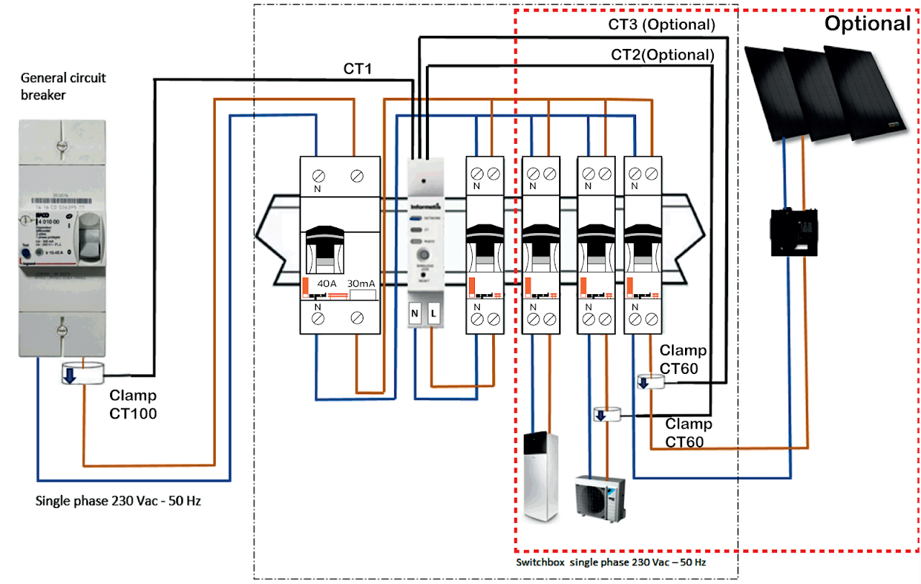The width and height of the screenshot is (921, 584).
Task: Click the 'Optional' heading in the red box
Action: coord(867,24)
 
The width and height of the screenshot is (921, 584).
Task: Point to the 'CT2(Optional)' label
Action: coord(663,55)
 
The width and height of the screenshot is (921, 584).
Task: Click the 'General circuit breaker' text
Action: coord(63,86)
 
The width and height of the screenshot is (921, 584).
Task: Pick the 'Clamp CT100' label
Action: coord(132,404)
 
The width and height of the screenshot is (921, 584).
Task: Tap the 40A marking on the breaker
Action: coord(327,283)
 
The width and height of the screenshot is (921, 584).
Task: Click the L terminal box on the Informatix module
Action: coord(434,314)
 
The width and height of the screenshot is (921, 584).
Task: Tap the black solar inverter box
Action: coord(795,232)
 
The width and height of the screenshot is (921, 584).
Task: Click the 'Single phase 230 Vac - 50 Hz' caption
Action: coord(119,500)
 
